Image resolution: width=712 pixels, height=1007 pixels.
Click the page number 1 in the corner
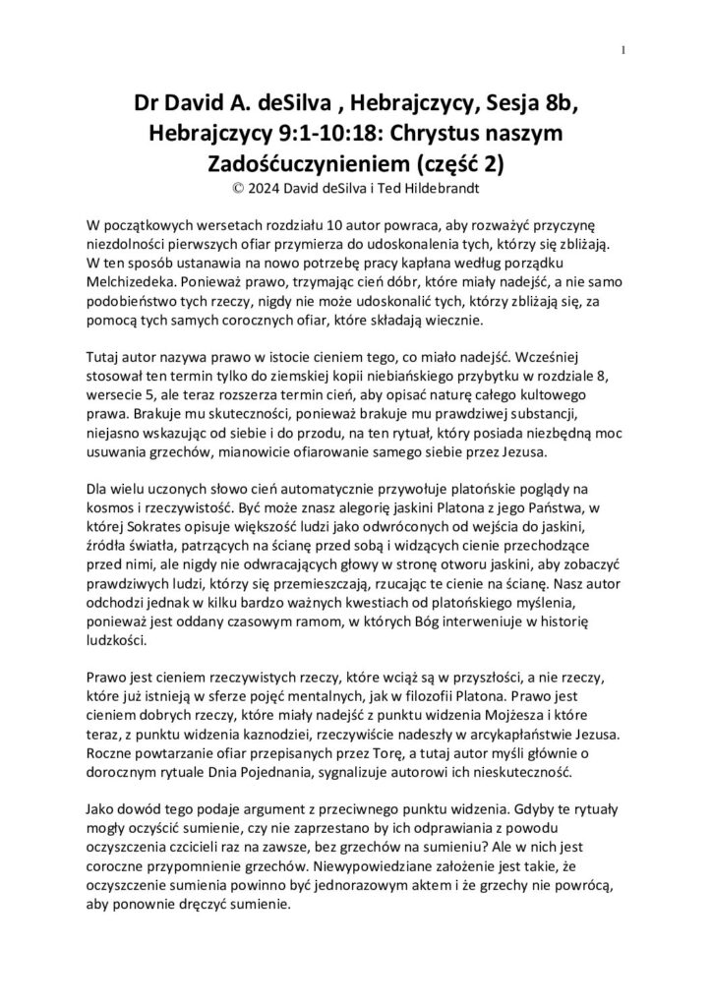pos(624,50)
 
